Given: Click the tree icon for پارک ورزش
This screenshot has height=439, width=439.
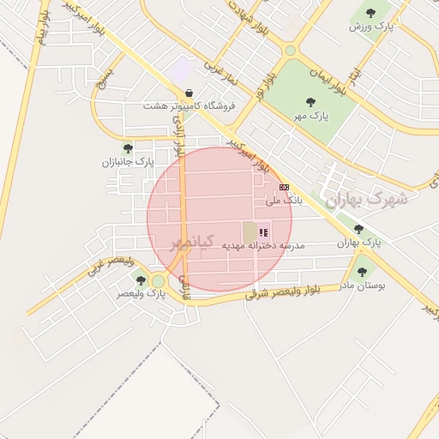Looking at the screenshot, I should coord(370,13).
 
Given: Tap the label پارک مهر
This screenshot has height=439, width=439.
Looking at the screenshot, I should coord(312,114).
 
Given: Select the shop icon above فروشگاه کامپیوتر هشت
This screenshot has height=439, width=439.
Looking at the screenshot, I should coord(189,93).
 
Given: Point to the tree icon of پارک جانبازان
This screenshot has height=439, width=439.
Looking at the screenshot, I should coord(128,148).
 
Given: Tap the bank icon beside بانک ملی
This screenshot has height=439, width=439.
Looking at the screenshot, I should coord(285,187).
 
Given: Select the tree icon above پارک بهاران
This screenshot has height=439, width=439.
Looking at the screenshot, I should coord(358,229).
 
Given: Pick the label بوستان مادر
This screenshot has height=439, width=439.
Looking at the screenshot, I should coord(363,284).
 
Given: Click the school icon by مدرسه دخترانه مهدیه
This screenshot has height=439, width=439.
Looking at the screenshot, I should coord(264,232).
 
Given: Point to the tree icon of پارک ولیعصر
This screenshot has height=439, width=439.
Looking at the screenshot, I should coord(141,280).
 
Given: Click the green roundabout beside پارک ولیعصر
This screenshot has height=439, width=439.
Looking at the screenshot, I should coord(158,280).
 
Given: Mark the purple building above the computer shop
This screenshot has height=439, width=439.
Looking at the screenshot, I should coord(182,70).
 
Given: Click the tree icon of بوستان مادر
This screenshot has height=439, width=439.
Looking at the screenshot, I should coord(362,272).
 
